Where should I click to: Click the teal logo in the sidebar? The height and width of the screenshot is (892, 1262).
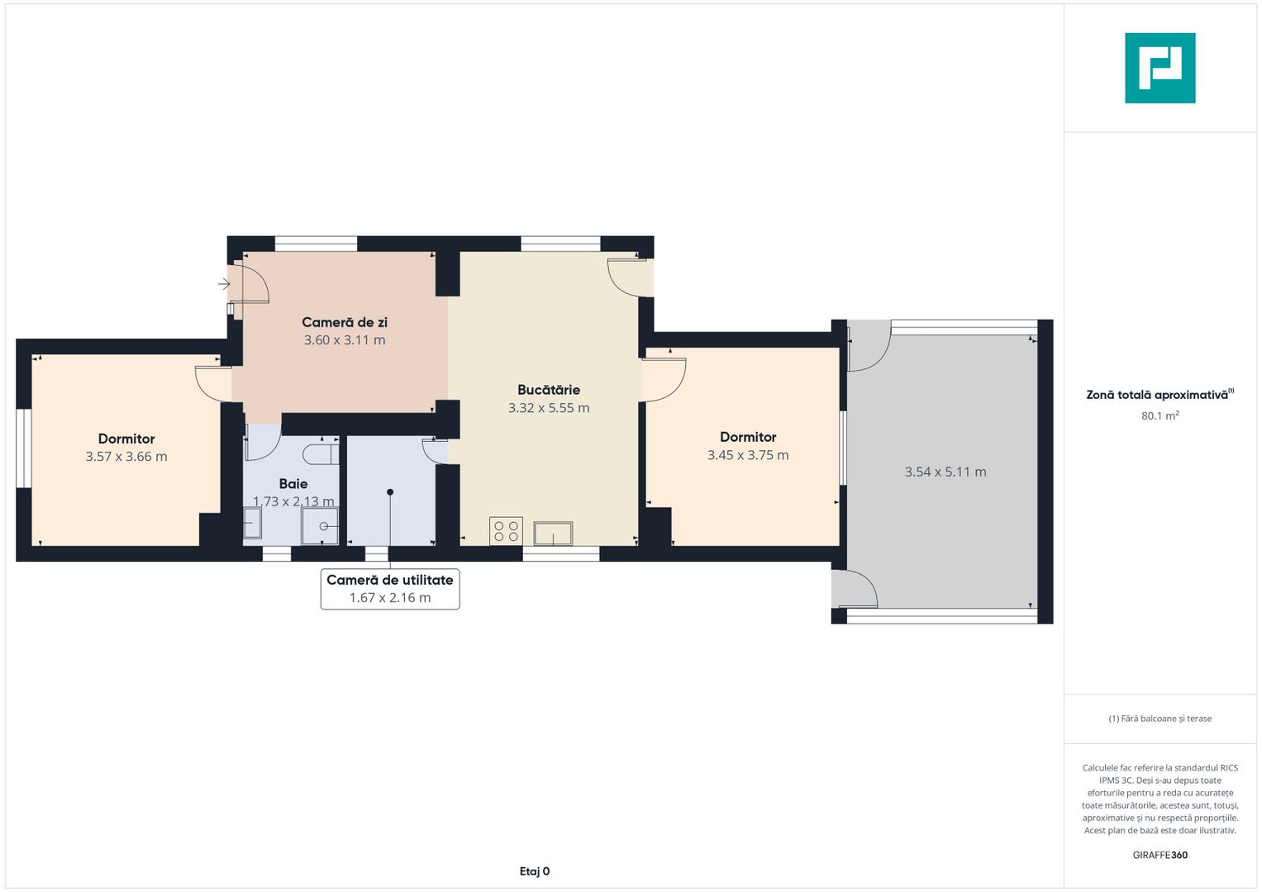[1160, 68]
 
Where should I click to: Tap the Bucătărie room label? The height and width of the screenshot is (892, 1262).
[549, 390]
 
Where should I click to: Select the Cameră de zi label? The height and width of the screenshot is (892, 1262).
[345, 322]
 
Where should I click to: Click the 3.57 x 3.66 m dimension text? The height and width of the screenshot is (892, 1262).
[126, 456]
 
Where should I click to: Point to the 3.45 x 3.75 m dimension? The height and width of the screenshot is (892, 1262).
[748, 455]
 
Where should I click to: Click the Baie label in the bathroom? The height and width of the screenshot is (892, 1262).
[293, 484]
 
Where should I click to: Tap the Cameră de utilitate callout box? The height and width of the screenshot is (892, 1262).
[390, 589]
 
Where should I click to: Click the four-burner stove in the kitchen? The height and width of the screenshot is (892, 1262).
[506, 531]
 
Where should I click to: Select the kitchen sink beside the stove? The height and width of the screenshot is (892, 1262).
[553, 534]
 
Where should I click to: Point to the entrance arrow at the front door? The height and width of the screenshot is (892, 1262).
[224, 284]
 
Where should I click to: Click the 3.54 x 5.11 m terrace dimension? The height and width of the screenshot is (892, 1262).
[945, 472]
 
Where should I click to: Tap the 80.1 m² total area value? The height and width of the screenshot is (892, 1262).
[1160, 415]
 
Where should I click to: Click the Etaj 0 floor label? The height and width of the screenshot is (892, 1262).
[534, 871]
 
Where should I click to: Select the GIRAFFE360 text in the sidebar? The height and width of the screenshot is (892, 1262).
[1160, 855]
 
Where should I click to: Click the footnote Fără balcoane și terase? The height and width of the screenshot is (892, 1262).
[1160, 719]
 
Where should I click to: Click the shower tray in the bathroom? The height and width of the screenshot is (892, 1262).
[320, 526]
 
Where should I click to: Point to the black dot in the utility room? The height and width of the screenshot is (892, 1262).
[390, 492]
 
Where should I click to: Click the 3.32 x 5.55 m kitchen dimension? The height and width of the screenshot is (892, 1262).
[549, 408]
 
